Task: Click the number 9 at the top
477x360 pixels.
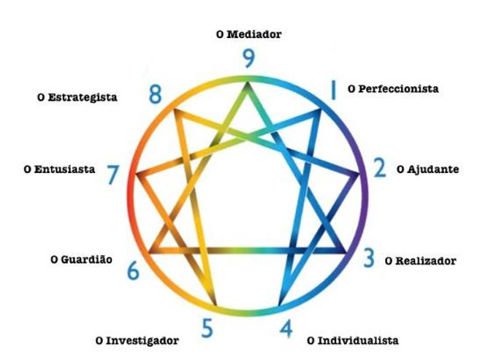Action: tap(248, 58)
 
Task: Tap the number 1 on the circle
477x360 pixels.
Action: tap(333, 90)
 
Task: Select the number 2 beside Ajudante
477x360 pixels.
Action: tap(380, 167)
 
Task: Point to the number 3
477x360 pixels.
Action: tap(369, 258)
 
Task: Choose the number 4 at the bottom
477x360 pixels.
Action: tap(286, 329)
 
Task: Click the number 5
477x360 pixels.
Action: tap(207, 328)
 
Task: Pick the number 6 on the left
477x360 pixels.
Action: tap(133, 270)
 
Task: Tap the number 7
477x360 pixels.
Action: tap(112, 175)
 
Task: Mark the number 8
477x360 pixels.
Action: tap(155, 94)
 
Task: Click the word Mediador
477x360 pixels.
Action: tap(254, 34)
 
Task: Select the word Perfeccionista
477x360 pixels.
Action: tap(398, 89)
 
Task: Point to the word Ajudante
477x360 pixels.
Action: tap(433, 169)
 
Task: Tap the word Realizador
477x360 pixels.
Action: tap(426, 261)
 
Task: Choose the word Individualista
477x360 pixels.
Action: tap(358, 340)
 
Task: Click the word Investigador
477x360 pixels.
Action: tap(142, 340)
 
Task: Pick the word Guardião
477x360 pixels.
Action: tap(86, 260)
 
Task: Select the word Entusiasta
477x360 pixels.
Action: tap(64, 169)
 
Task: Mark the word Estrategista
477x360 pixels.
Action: tap(83, 97)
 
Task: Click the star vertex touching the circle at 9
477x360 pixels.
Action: tap(248, 82)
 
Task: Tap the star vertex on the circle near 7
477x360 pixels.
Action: tap(136, 175)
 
